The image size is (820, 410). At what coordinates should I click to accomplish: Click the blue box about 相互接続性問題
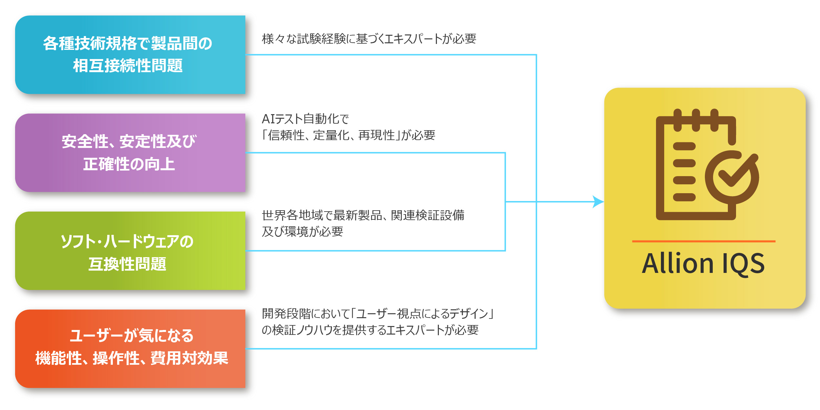click(130, 55)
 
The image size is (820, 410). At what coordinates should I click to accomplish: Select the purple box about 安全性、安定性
click(130, 153)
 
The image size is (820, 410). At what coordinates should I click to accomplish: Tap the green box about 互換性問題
click(130, 251)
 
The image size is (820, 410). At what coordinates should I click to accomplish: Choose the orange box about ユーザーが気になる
click(130, 349)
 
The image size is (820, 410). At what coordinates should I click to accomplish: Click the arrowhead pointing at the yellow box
click(598, 202)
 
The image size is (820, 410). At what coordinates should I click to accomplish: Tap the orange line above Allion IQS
click(704, 241)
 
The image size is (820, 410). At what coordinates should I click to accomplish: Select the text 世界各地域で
click(297, 215)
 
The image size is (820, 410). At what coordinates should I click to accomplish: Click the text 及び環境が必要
click(302, 232)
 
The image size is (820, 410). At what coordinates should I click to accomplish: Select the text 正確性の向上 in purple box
click(129, 164)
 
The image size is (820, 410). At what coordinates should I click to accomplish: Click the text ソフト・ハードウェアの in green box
click(127, 242)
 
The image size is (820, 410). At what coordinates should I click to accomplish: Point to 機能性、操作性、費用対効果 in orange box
click(132, 358)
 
